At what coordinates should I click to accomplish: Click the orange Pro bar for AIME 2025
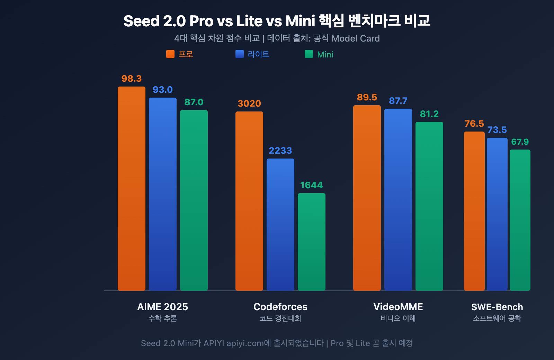132,189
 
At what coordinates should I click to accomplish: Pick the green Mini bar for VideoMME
429,206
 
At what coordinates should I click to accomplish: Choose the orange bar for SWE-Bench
474,211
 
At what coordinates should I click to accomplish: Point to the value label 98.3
132,79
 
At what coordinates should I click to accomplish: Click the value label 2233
280,151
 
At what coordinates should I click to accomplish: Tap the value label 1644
312,185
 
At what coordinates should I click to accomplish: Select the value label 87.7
398,101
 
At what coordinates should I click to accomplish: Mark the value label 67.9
520,142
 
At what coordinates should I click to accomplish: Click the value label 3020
249,103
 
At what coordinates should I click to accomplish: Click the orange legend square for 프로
170,54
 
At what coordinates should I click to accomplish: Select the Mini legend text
325,55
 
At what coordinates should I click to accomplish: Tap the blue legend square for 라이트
240,54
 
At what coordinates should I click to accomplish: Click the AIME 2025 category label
163,307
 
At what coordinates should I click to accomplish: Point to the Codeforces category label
280,307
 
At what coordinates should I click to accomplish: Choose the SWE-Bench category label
497,307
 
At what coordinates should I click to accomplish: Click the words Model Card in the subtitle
356,38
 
